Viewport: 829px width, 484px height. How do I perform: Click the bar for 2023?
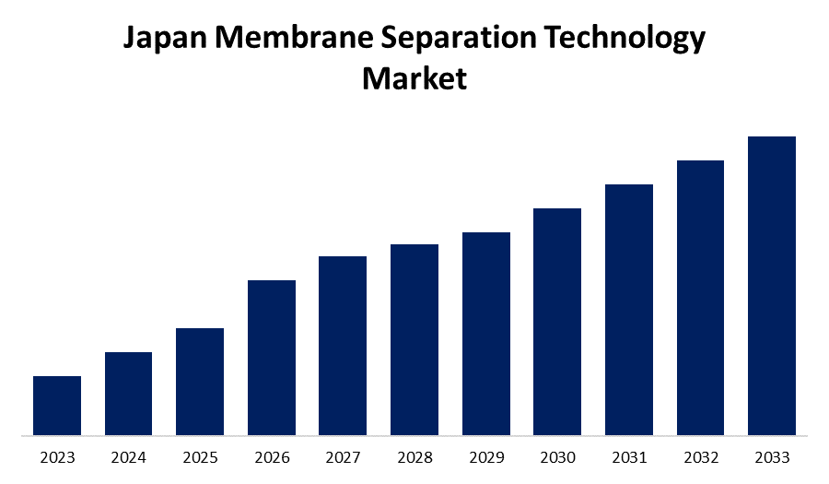tap(57, 405)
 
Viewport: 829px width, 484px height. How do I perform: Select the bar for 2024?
tap(128, 393)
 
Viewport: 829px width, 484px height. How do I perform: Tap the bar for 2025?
tap(200, 381)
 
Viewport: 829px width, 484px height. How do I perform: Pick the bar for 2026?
tap(272, 357)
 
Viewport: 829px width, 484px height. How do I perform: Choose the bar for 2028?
tap(414, 339)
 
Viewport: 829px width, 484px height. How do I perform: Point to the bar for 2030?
tap(557, 321)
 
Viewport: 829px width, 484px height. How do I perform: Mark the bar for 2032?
tap(700, 297)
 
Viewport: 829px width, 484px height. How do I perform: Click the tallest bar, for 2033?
tap(772, 285)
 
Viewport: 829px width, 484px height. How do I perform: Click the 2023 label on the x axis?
tap(57, 457)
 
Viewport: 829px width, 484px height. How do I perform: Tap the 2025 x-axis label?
tap(200, 457)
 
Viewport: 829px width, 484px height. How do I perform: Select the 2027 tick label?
tap(343, 457)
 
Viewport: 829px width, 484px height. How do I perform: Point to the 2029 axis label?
tap(486, 457)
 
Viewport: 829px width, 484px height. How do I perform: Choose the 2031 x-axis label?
tap(629, 457)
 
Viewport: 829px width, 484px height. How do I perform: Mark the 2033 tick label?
tap(772, 457)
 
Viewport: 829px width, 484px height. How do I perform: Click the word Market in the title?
tap(414, 77)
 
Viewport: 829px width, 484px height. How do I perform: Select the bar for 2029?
tap(486, 333)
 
